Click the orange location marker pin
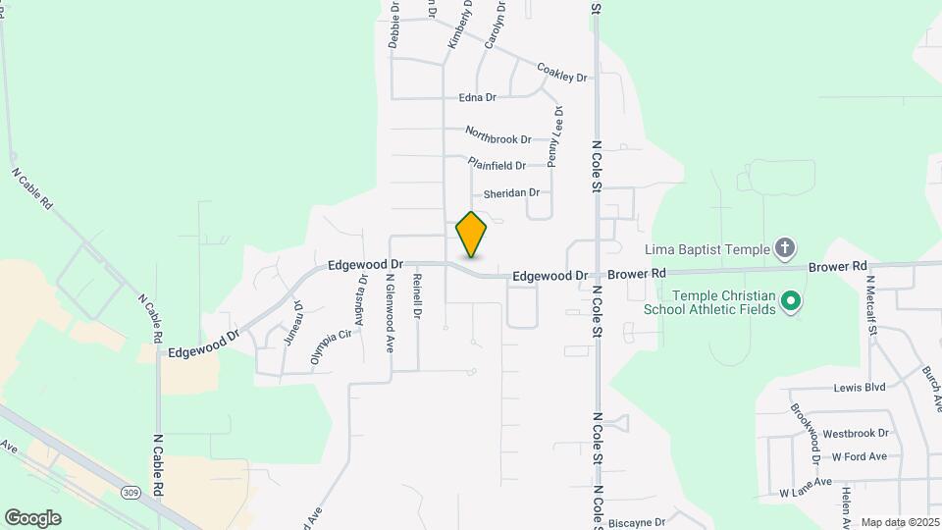point(471,234)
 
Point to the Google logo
point(32,517)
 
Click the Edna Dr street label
point(478,97)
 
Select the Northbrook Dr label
point(497,136)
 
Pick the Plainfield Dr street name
point(497,164)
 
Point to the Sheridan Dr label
point(511,192)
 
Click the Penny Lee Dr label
point(554,134)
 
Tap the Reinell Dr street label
point(417,295)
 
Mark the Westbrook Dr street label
point(856,432)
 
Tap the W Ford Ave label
point(859,456)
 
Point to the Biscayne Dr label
point(637,522)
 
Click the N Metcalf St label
point(870,303)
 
